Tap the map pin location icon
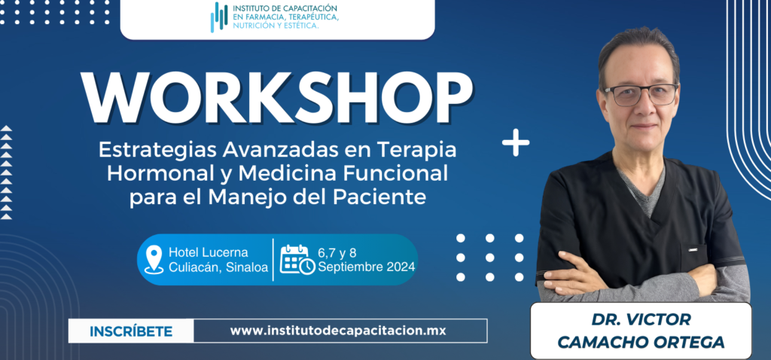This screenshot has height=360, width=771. (154, 260)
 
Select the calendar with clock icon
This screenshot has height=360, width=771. (297, 260)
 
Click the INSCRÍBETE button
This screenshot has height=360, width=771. (131, 331)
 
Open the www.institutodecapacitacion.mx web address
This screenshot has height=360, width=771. (338, 331)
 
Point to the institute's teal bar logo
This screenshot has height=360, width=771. (219, 17)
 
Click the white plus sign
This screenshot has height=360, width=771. (516, 142)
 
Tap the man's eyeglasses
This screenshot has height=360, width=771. (640, 94)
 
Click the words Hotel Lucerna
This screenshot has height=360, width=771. (209, 253)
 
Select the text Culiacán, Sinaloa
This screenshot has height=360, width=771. (218, 267)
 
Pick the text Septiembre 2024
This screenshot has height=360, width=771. (367, 267)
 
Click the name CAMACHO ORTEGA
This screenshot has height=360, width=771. (641, 342)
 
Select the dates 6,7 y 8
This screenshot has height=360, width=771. (337, 253)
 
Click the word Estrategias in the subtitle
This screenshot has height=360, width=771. (157, 151)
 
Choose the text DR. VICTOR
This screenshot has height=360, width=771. (641, 319)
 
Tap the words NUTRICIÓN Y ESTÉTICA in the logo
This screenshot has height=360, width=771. (276, 25)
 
